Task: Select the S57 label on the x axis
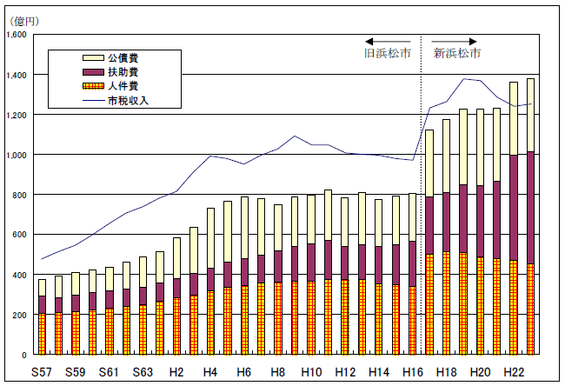42,371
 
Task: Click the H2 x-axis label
176,371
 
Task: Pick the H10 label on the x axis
311,371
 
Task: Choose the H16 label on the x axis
413,371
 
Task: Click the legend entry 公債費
122,57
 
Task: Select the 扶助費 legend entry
122,72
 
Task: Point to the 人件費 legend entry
122,87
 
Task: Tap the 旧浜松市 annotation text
388,53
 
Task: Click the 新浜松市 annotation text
456,53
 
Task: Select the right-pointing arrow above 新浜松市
455,41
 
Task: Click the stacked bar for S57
42,316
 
